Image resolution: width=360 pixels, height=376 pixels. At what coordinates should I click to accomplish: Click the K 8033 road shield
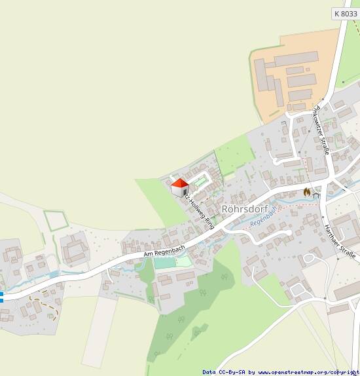point(346,13)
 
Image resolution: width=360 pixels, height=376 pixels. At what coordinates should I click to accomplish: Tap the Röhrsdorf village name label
point(246,209)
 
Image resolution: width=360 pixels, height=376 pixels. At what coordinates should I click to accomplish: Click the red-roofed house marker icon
point(179,187)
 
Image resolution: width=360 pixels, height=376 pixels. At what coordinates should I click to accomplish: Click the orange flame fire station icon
point(306,192)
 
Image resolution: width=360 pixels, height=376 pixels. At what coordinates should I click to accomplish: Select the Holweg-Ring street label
point(199,210)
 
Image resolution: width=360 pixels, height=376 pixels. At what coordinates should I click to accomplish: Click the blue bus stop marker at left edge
point(1,297)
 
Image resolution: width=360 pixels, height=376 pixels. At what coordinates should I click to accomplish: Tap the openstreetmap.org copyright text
point(304,371)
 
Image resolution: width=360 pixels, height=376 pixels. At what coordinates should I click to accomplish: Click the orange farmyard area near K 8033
point(295,72)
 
